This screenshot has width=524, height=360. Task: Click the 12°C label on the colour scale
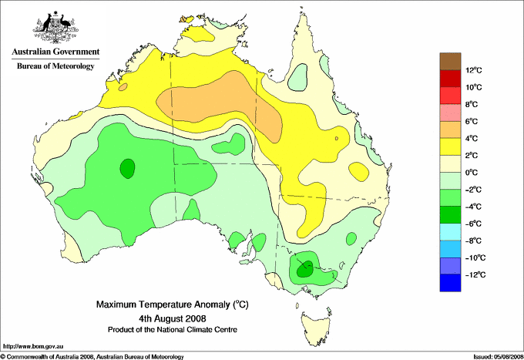(474, 70)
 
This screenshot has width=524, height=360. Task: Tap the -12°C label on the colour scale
(475, 274)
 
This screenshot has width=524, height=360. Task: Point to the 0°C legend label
(472, 173)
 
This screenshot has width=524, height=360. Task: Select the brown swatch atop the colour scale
(450, 62)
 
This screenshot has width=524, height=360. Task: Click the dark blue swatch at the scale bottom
(450, 283)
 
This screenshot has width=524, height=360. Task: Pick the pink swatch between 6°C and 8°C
(450, 113)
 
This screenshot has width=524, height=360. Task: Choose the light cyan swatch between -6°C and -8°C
(450, 232)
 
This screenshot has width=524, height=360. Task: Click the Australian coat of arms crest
(55, 27)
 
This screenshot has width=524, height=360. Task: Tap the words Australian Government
(55, 52)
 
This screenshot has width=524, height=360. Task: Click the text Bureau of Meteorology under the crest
(55, 66)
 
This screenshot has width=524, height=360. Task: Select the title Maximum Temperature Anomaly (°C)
(173, 304)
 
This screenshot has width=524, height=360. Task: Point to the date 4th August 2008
(173, 318)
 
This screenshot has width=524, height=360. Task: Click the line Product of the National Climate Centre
(173, 330)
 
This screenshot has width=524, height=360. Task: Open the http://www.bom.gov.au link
(32, 347)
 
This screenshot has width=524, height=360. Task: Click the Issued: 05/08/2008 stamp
(499, 357)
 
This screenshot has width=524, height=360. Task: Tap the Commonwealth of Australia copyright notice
(92, 357)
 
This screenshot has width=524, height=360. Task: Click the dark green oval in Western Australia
(127, 169)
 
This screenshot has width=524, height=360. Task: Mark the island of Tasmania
(316, 328)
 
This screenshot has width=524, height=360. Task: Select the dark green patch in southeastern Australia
(305, 267)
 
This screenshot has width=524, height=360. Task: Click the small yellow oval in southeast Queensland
(358, 172)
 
